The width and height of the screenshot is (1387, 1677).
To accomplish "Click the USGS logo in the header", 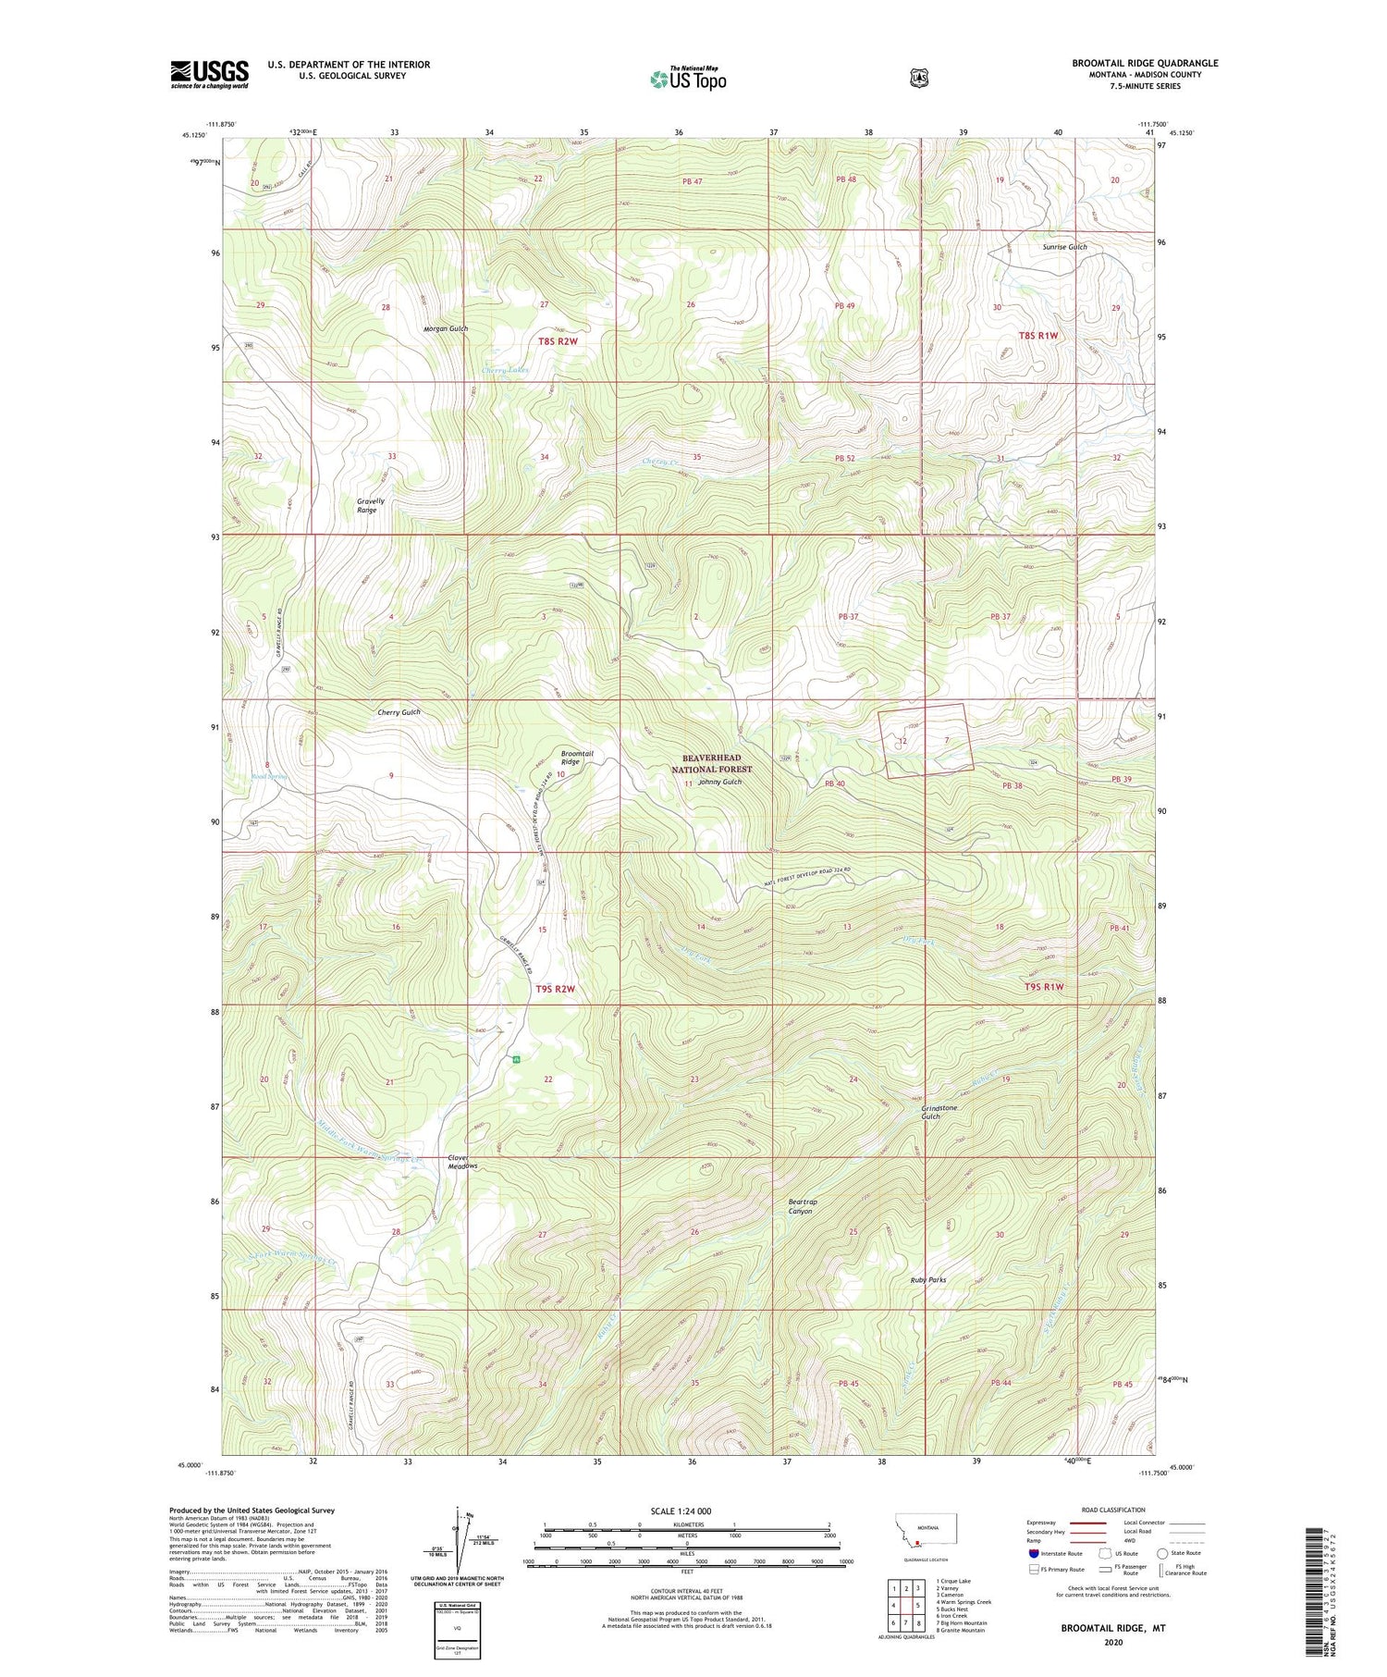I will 209,74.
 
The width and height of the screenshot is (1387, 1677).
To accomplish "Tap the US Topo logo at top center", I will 688,79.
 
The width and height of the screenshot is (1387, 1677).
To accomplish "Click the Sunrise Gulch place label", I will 1064,247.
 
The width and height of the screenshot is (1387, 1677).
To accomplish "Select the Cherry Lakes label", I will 505,370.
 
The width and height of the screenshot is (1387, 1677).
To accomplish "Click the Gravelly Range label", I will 370,505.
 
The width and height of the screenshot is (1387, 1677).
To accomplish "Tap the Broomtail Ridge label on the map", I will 577,758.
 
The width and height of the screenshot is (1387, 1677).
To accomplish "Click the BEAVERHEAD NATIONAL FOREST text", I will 711,763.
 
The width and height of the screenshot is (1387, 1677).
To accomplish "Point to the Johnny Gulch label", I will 719,782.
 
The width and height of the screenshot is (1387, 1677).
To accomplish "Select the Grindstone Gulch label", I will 938,1112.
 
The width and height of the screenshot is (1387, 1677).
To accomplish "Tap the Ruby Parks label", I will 927,1280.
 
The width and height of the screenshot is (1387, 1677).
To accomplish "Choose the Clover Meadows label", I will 462,1162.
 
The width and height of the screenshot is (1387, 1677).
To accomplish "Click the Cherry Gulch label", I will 399,712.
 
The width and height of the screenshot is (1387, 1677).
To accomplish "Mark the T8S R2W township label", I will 558,341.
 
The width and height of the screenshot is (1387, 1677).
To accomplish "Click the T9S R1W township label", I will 1044,987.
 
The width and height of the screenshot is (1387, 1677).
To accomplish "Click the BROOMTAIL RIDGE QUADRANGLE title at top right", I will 1145,63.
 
